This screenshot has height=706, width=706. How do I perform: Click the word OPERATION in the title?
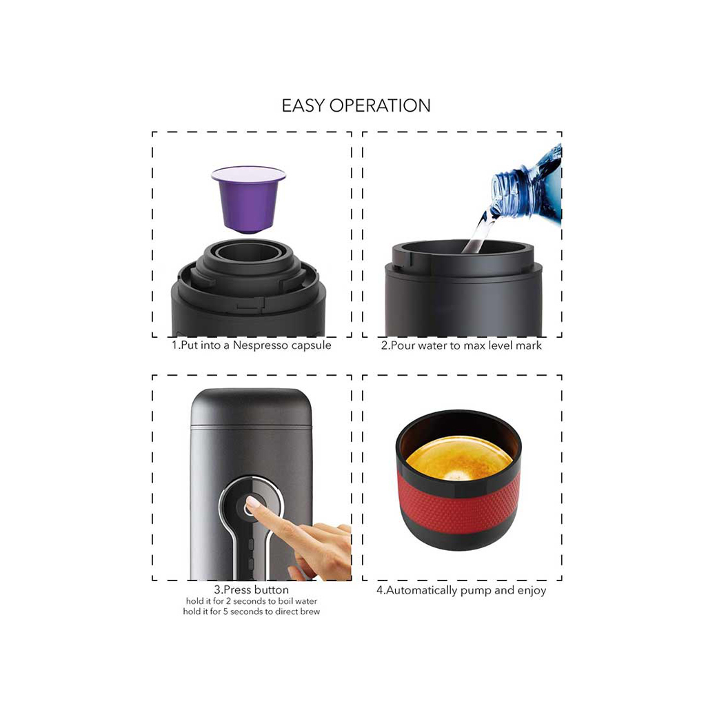[380, 105]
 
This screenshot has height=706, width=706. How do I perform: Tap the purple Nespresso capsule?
[248, 199]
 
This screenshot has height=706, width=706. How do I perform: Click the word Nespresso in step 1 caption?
[260, 345]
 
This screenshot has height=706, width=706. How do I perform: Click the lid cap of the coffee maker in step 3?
[251, 407]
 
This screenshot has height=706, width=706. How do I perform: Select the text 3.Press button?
[251, 590]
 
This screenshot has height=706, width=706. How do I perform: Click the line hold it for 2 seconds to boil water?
[251, 601]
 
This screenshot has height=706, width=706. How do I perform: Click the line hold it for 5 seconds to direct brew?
[251, 612]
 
